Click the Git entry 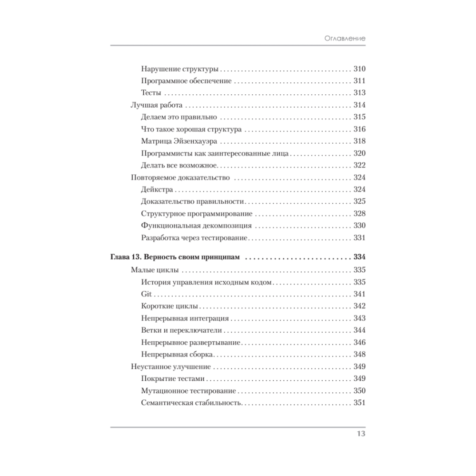tap(147, 294)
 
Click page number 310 tap(359, 68)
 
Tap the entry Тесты tap(151, 92)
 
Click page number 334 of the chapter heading tap(359, 258)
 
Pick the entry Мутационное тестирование tap(189, 391)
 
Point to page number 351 tap(359, 403)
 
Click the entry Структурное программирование tap(197, 214)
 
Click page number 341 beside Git tap(359, 294)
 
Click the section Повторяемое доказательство tap(180, 178)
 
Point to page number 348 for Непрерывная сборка tap(359, 355)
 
